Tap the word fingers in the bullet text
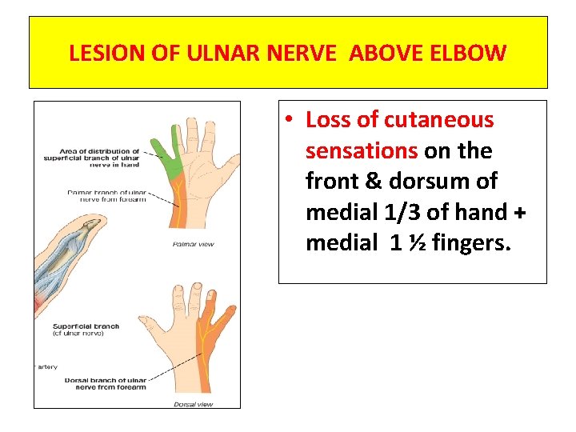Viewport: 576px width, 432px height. pos(470,242)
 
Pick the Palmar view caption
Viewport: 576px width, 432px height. pos(193,244)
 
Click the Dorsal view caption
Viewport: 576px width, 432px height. pos(193,404)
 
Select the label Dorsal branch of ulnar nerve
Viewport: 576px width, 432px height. pos(106,384)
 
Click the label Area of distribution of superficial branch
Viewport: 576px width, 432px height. pos(91,158)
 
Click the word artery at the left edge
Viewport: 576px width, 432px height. pos(46,366)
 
